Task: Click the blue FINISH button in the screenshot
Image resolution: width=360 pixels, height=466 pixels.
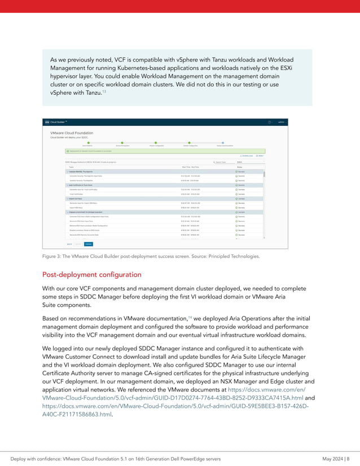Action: [89, 244]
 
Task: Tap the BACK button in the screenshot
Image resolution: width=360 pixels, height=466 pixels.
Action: [69, 244]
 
